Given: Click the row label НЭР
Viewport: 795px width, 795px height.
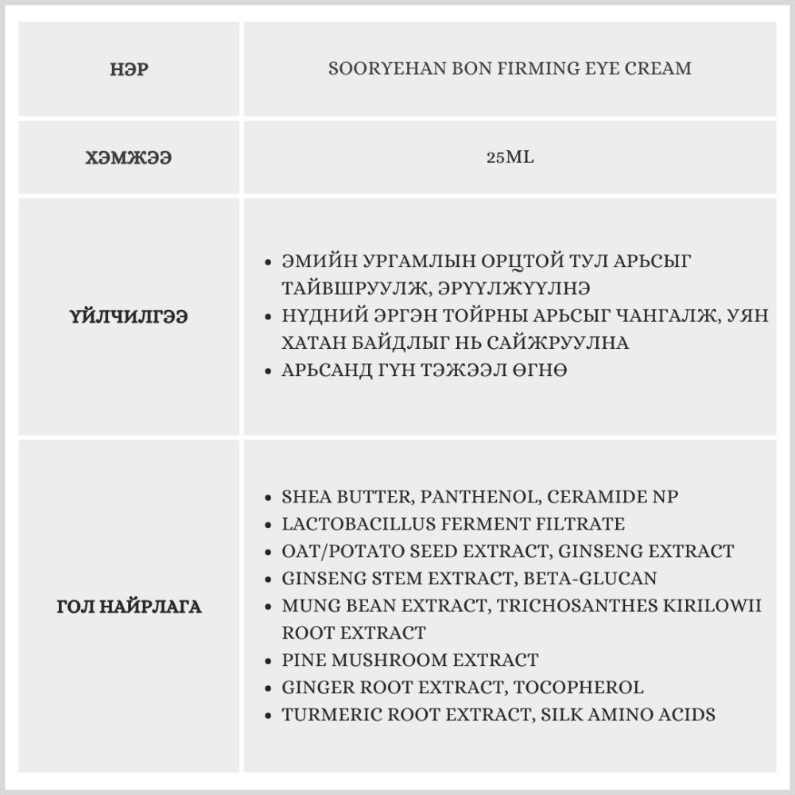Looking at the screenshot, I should (x=129, y=69).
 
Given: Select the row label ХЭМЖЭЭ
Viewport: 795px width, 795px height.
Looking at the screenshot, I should (x=129, y=157).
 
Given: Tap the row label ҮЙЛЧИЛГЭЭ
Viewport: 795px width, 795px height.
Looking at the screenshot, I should (x=129, y=316).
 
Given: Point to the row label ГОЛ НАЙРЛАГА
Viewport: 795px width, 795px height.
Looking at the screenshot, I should (x=129, y=607).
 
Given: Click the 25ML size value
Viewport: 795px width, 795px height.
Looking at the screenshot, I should (x=510, y=157).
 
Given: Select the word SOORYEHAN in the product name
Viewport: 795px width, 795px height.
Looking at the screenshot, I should (x=376, y=68).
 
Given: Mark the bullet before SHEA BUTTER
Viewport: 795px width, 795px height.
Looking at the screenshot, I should (x=269, y=498).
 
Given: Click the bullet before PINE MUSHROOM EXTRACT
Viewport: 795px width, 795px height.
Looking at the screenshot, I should (x=269, y=661).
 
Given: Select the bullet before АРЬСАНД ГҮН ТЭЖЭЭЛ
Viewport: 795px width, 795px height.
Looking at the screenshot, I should (x=269, y=371).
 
